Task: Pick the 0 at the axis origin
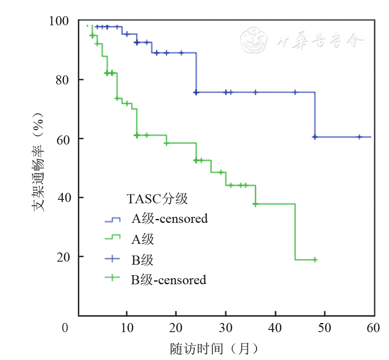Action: pos(65,327)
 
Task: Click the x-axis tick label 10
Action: pos(126,327)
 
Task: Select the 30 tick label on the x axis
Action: pos(225,327)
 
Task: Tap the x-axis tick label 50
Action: pos(325,327)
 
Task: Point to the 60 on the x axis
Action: pos(373,327)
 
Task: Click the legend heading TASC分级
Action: pos(157,199)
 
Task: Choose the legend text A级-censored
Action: pos(170,219)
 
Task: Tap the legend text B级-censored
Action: pos(169,279)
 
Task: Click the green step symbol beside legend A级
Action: pos(112,238)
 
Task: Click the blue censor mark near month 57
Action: pos(359,137)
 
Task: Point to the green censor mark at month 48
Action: pos(315,260)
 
